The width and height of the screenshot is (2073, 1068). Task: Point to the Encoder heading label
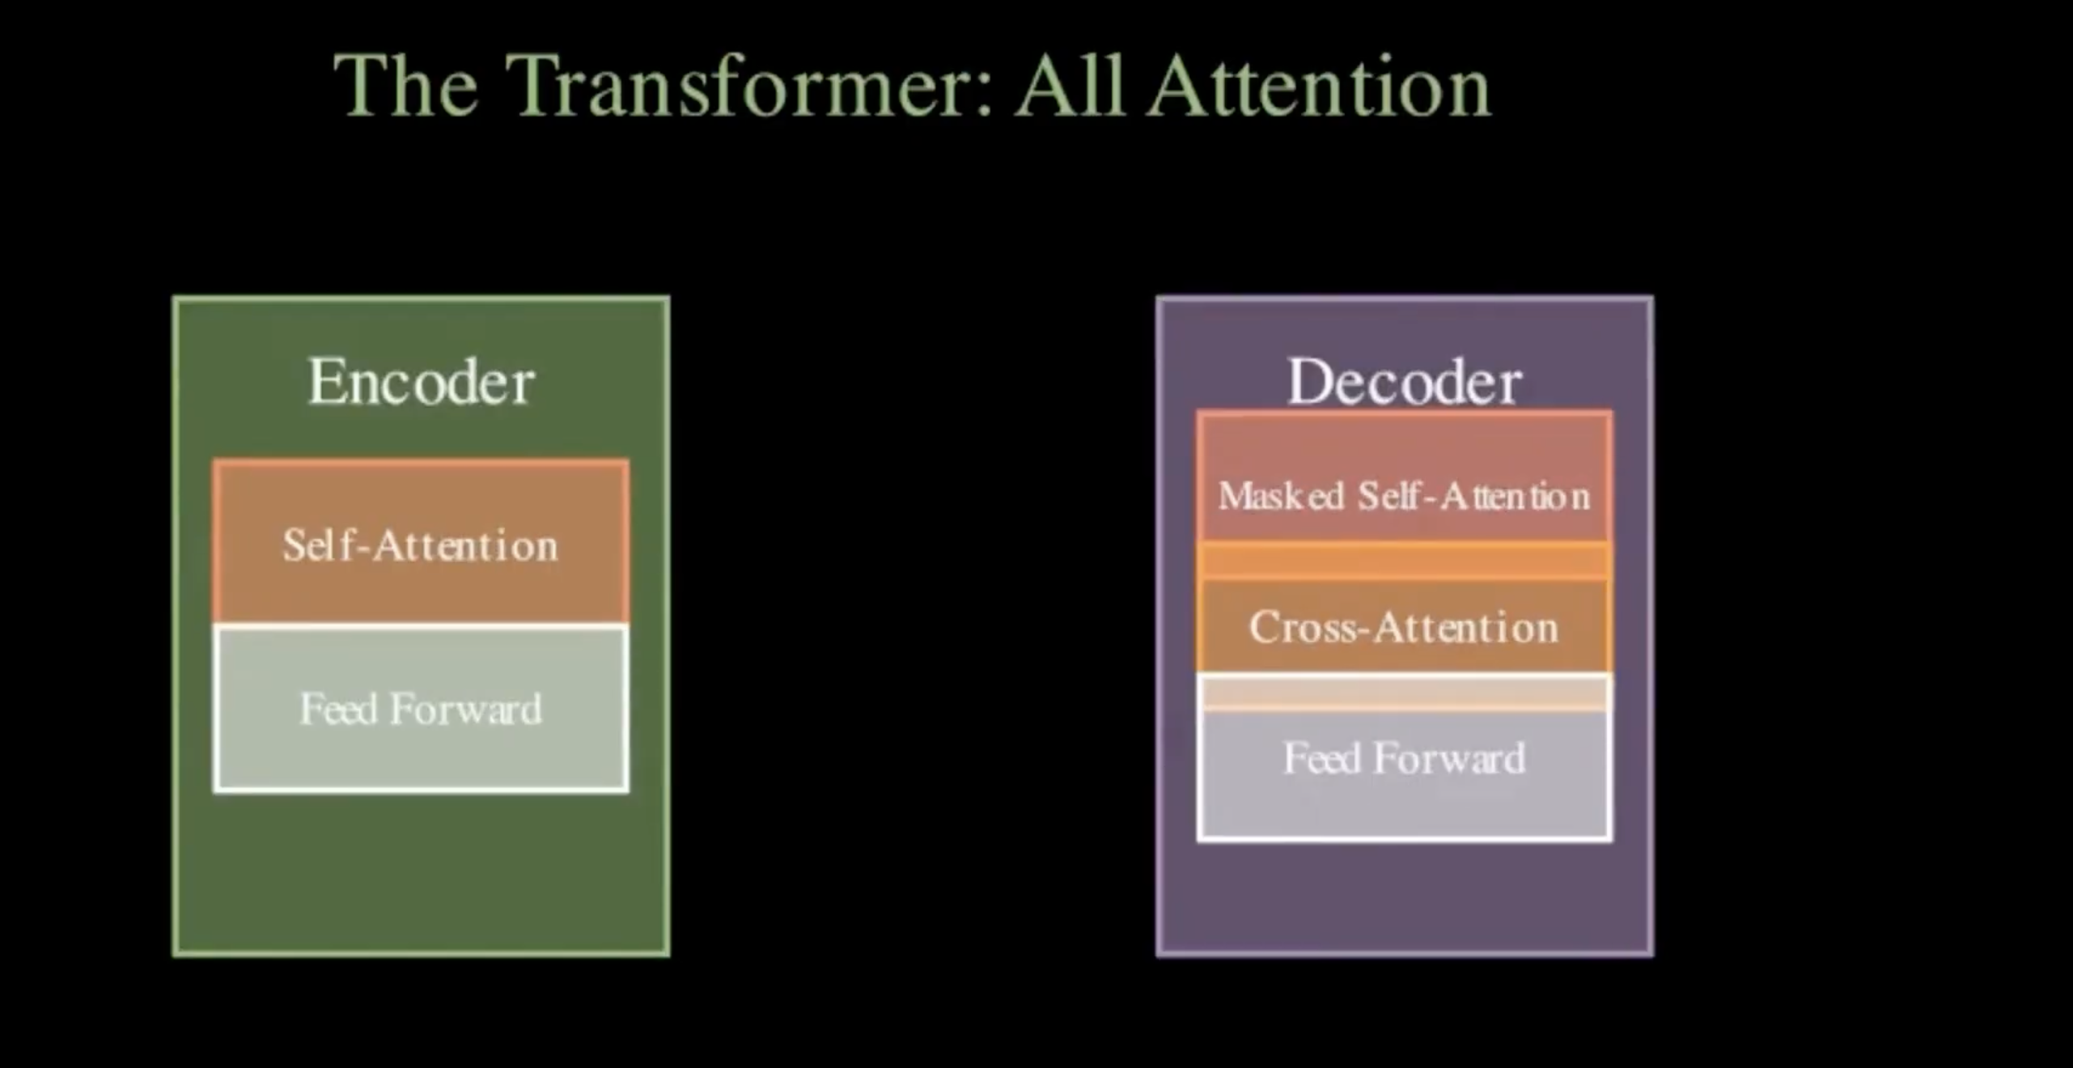coord(421,382)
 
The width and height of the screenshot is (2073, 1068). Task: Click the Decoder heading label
coord(1405,382)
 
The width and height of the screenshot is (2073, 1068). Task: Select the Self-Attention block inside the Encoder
coord(421,542)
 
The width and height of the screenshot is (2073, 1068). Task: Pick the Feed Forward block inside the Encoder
coord(421,708)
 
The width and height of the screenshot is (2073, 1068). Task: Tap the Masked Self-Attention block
coord(1405,477)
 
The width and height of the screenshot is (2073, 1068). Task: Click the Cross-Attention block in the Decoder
coord(1405,625)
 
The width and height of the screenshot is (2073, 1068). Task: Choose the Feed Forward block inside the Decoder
coord(1405,775)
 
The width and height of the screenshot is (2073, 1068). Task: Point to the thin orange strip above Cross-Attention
coord(1405,561)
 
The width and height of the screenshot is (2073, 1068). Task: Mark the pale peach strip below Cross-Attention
coord(1405,693)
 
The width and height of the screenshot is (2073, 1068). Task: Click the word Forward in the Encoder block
coord(466,710)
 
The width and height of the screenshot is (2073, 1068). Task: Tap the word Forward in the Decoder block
coord(1450,759)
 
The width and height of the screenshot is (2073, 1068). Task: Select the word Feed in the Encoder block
coord(339,710)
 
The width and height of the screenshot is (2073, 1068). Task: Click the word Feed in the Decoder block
coord(1323,759)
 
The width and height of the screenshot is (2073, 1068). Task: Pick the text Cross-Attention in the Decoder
coord(1404,627)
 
